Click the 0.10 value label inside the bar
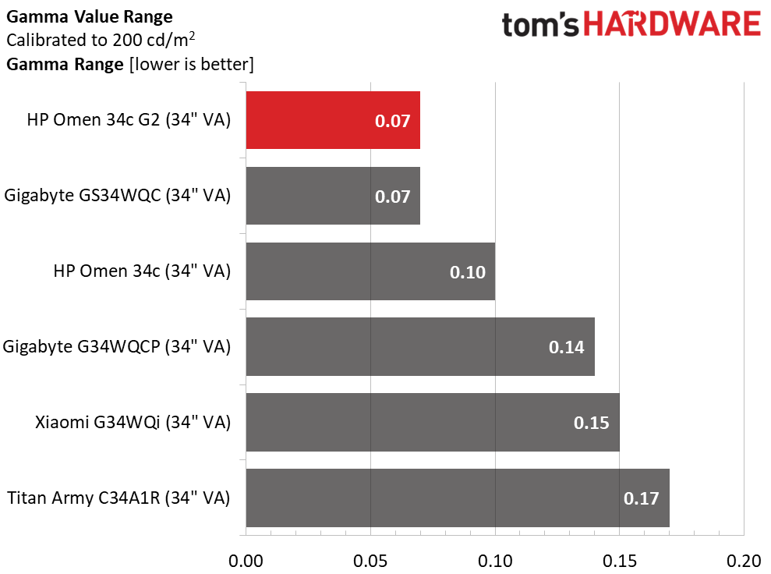click(468, 272)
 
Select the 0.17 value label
click(642, 498)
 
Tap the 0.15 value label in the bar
click(592, 423)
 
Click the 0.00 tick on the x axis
click(246, 561)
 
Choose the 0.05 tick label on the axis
click(370, 561)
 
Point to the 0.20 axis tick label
click(744, 561)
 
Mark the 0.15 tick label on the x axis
click(619, 561)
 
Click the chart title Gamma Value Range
click(90, 16)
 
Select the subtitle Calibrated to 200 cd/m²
click(100, 40)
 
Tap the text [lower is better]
click(191, 64)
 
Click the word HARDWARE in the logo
click(672, 25)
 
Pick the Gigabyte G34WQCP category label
click(117, 347)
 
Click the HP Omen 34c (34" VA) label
click(142, 271)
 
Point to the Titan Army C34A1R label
click(118, 498)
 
